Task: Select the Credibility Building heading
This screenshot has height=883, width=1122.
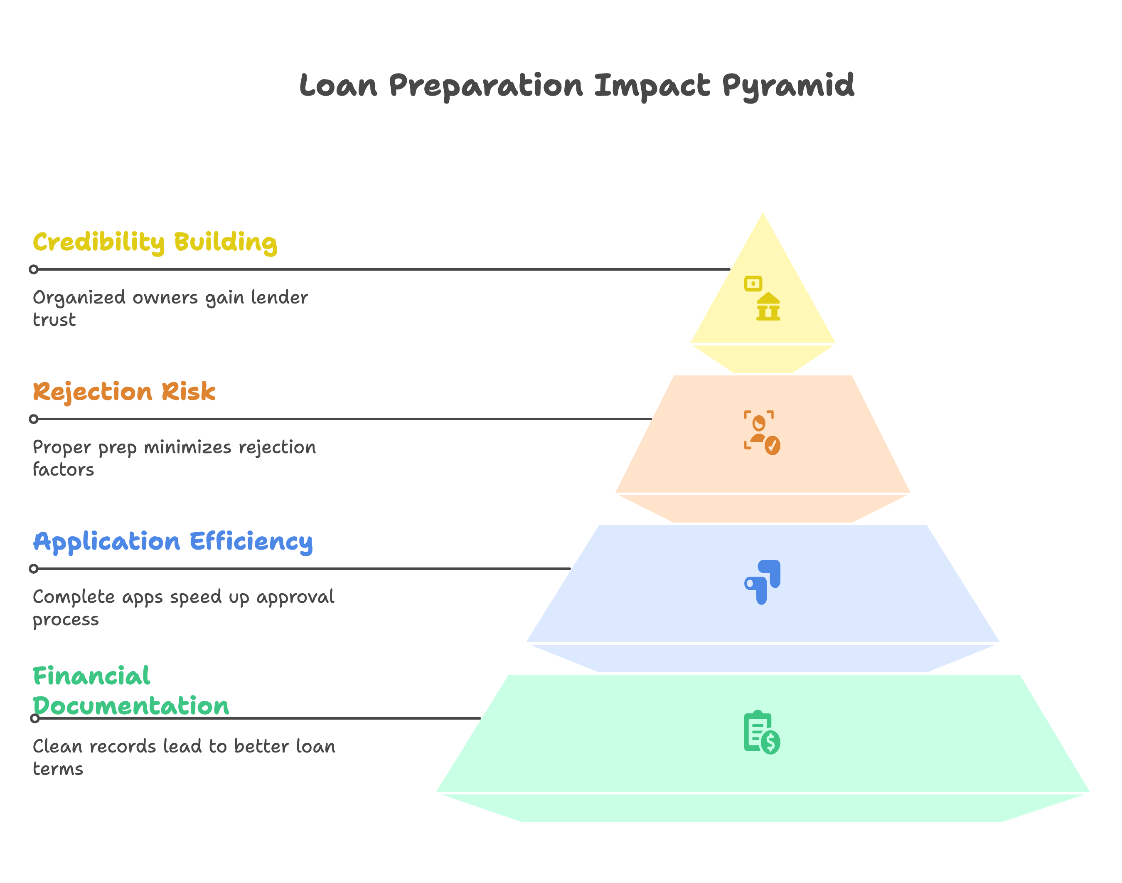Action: (x=155, y=242)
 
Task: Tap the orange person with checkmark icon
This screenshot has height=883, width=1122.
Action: (x=762, y=433)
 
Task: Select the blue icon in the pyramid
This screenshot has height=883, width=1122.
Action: (x=763, y=582)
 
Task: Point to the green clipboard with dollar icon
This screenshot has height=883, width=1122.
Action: (x=762, y=732)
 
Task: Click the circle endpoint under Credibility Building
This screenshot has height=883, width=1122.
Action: (x=34, y=269)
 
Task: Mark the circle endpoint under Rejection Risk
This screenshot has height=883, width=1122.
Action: (x=34, y=419)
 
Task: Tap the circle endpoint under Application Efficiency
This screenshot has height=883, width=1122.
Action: (x=34, y=569)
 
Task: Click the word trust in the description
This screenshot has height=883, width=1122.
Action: (x=54, y=321)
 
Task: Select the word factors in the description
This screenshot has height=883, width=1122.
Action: (x=63, y=470)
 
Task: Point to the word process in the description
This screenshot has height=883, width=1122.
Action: (x=66, y=620)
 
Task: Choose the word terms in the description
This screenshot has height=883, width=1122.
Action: (x=58, y=769)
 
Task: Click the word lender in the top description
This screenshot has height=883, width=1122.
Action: (x=279, y=298)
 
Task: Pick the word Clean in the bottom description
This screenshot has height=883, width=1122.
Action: (x=57, y=747)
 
